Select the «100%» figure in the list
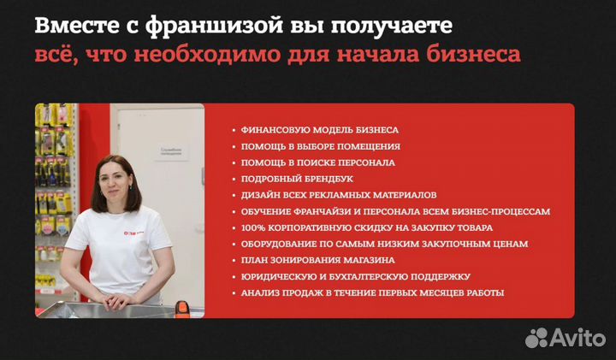point(253,227)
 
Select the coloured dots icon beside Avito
point(537,336)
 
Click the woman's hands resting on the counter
point(111,301)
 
